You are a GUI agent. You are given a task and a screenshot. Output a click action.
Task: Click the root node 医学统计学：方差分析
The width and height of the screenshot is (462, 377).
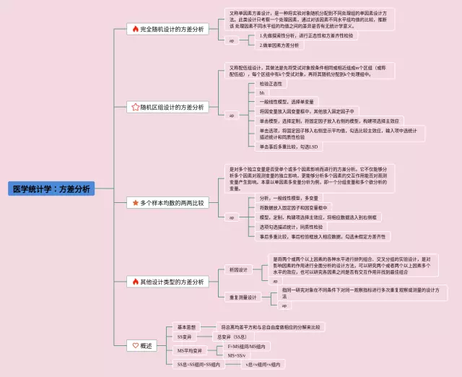(x=53, y=188)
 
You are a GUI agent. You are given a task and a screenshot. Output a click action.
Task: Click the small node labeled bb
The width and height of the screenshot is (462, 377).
(x=262, y=93)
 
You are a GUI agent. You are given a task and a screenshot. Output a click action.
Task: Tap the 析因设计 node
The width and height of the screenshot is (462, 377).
(x=237, y=269)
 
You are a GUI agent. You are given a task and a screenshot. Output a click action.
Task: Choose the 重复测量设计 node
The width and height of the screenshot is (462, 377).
(x=242, y=297)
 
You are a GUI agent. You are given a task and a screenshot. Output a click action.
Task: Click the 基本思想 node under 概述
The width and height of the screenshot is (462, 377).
(x=187, y=326)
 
